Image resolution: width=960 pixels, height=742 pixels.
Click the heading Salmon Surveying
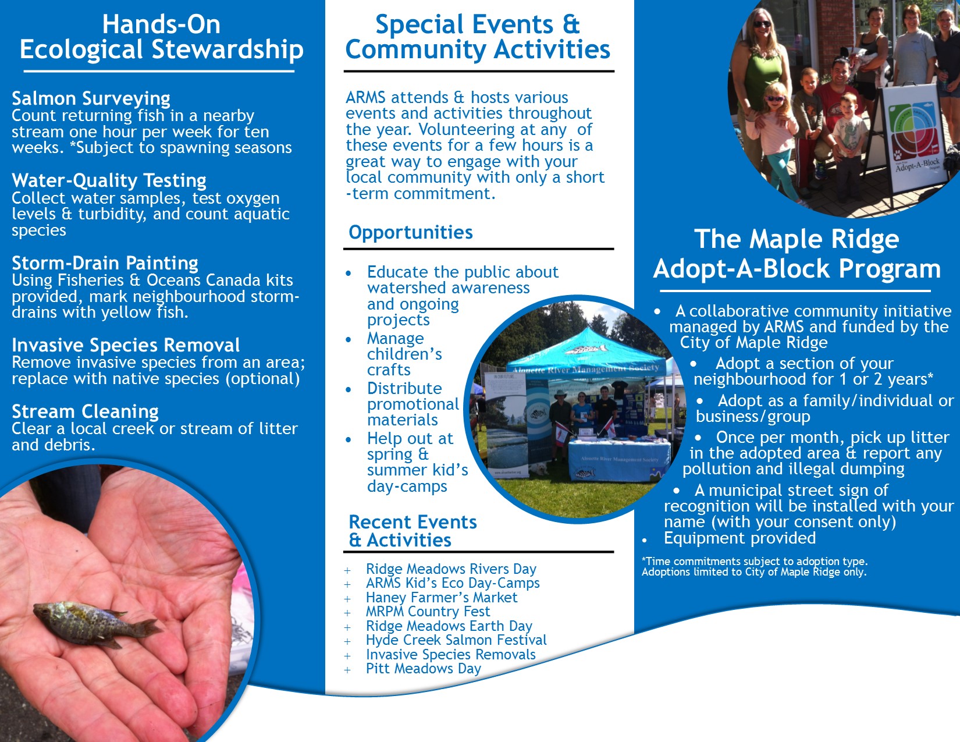click(91, 98)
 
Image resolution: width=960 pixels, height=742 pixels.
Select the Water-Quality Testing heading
click(109, 180)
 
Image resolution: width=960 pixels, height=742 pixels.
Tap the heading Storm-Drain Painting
click(105, 263)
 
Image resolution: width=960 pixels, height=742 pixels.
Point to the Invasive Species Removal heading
click(126, 345)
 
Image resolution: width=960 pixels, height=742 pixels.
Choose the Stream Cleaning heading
click(86, 411)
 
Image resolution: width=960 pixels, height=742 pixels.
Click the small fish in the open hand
click(97, 623)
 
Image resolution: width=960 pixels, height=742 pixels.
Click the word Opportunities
click(411, 232)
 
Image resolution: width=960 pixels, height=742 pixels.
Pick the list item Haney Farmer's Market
click(442, 598)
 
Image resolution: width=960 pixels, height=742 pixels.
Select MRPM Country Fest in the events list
click(428, 612)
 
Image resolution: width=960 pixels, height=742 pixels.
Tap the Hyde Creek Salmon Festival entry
click(456, 640)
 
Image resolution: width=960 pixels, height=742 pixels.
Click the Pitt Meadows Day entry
click(423, 669)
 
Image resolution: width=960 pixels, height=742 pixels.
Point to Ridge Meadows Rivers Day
click(451, 569)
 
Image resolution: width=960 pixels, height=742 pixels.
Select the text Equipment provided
click(739, 538)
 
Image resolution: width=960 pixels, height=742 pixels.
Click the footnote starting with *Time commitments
click(755, 567)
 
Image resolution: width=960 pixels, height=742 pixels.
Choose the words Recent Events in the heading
click(413, 522)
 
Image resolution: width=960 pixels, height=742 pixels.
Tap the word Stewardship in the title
click(227, 49)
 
